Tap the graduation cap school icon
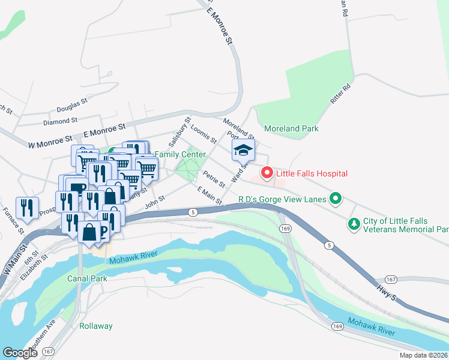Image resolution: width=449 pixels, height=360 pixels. pos(243,151)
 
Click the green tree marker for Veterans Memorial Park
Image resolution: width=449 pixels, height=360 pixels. pos(354,225)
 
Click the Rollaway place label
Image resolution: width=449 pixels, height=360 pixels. pos(96,326)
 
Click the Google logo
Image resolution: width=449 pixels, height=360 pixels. pos(20,353)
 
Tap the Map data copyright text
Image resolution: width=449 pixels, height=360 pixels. pos(423,355)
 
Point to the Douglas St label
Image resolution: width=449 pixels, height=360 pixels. pos(72,109)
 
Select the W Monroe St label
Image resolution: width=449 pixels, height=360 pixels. pos(50,142)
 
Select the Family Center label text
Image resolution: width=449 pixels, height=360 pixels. pos(180,154)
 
